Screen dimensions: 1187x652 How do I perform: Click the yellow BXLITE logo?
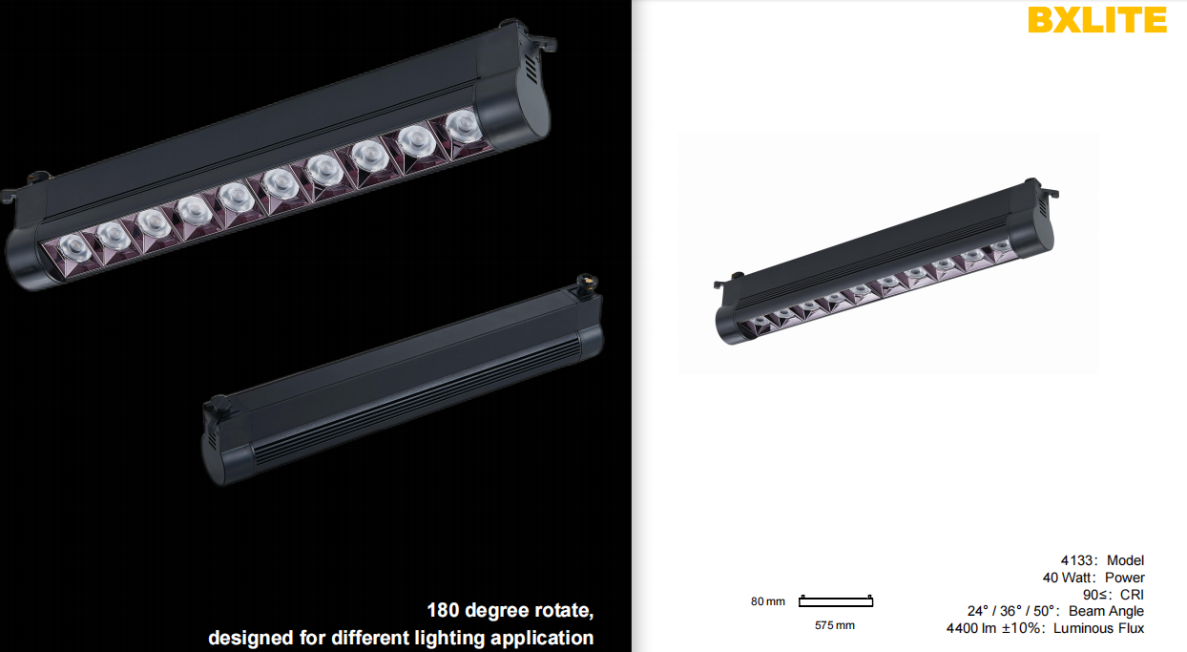pos(1097,20)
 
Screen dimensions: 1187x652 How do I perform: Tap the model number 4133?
pos(1076,560)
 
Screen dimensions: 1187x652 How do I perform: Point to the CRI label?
pos(1132,594)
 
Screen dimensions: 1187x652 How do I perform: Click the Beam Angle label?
pos(1106,611)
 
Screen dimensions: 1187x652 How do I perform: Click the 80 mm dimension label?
pos(768,601)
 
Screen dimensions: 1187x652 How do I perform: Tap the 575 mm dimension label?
pos(835,625)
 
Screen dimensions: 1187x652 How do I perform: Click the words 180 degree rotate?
pos(510,610)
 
